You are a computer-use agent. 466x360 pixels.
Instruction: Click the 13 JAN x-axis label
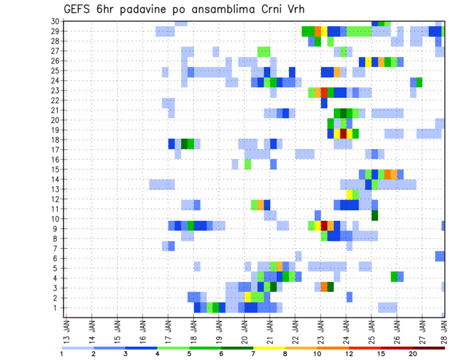67,329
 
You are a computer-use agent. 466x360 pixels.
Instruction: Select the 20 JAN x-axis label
244,329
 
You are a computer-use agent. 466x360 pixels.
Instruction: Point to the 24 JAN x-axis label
346,329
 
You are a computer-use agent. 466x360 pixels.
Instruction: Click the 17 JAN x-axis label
168,329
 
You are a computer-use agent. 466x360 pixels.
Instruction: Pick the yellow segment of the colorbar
269,347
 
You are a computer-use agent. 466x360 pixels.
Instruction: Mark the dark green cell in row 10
374,215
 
